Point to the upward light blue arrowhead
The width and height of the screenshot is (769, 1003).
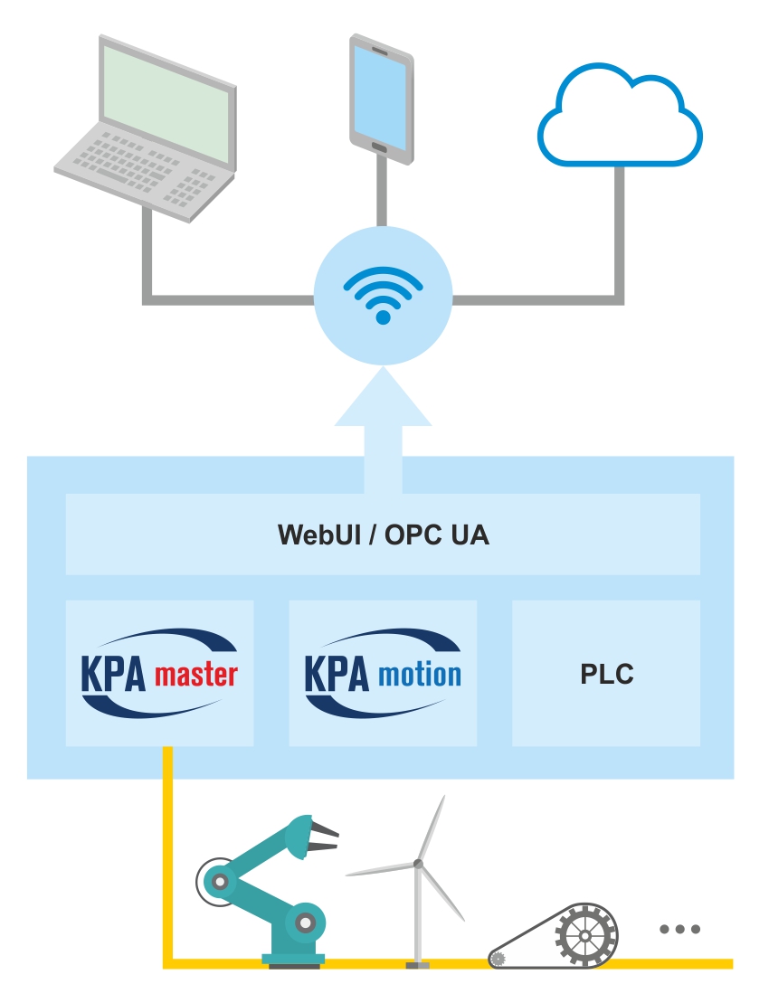[x=383, y=398]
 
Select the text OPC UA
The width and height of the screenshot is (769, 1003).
[x=438, y=535]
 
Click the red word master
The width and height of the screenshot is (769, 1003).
[x=196, y=675]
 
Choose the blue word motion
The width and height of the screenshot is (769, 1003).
[x=420, y=675]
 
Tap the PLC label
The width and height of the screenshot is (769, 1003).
[x=606, y=675]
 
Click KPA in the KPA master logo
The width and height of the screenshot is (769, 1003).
[x=113, y=675]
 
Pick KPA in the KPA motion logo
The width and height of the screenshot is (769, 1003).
[x=337, y=675]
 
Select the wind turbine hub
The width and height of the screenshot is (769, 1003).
[x=418, y=864]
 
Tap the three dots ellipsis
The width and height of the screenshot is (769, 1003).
[x=679, y=929]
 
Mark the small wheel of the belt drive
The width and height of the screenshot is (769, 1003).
[x=498, y=958]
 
